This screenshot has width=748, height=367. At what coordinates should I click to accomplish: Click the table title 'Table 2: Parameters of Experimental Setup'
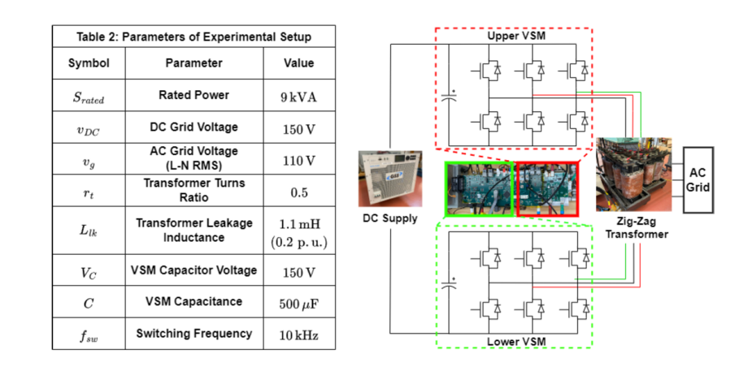click(194, 37)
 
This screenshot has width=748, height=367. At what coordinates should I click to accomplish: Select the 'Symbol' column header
click(89, 63)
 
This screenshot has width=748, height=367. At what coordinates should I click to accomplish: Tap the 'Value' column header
click(298, 63)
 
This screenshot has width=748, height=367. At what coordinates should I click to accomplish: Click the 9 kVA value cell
click(298, 97)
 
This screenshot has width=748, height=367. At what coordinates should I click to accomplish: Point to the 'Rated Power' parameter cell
click(194, 96)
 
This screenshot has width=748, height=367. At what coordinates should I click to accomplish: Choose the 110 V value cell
click(298, 162)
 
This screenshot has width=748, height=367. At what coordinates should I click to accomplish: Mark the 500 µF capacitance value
click(298, 302)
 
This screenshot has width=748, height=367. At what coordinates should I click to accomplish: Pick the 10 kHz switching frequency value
click(298, 334)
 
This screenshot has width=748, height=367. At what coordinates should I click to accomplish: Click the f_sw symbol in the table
click(89, 334)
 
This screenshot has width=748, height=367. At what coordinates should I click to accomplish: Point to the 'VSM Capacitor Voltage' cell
click(194, 270)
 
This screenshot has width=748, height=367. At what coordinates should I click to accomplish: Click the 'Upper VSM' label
click(515, 38)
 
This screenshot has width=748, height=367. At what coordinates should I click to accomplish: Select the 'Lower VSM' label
click(515, 340)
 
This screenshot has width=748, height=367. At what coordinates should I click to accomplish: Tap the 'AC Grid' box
click(698, 180)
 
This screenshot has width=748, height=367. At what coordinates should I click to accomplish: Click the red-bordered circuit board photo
click(546, 189)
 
